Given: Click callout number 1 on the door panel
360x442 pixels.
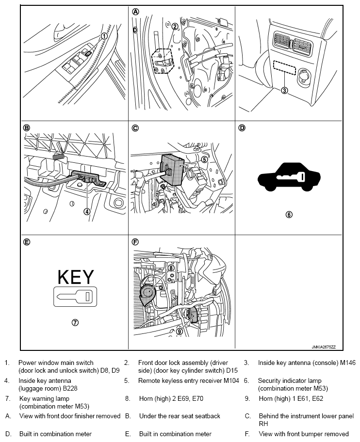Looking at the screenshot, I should tap(103, 36).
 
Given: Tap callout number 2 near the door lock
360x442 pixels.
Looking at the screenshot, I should tap(174, 26).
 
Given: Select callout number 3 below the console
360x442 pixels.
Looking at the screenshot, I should tap(285, 90).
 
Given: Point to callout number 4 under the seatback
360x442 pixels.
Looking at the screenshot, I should tap(86, 211).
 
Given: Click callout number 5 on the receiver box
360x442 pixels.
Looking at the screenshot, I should tap(204, 159).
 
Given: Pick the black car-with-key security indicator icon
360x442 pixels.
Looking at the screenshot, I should tap(289, 182).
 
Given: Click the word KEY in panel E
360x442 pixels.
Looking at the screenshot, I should tap(76, 277).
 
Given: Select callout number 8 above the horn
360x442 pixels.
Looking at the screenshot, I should tap(171, 268).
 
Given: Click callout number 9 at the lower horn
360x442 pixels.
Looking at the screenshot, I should tap(179, 331).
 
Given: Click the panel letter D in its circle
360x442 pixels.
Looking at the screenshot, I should tap(242, 128).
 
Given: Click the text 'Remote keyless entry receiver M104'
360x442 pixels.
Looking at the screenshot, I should tap(189, 381).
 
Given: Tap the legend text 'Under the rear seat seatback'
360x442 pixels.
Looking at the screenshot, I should tap(180, 416).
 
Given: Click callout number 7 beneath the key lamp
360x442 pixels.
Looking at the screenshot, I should tap(76, 322).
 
